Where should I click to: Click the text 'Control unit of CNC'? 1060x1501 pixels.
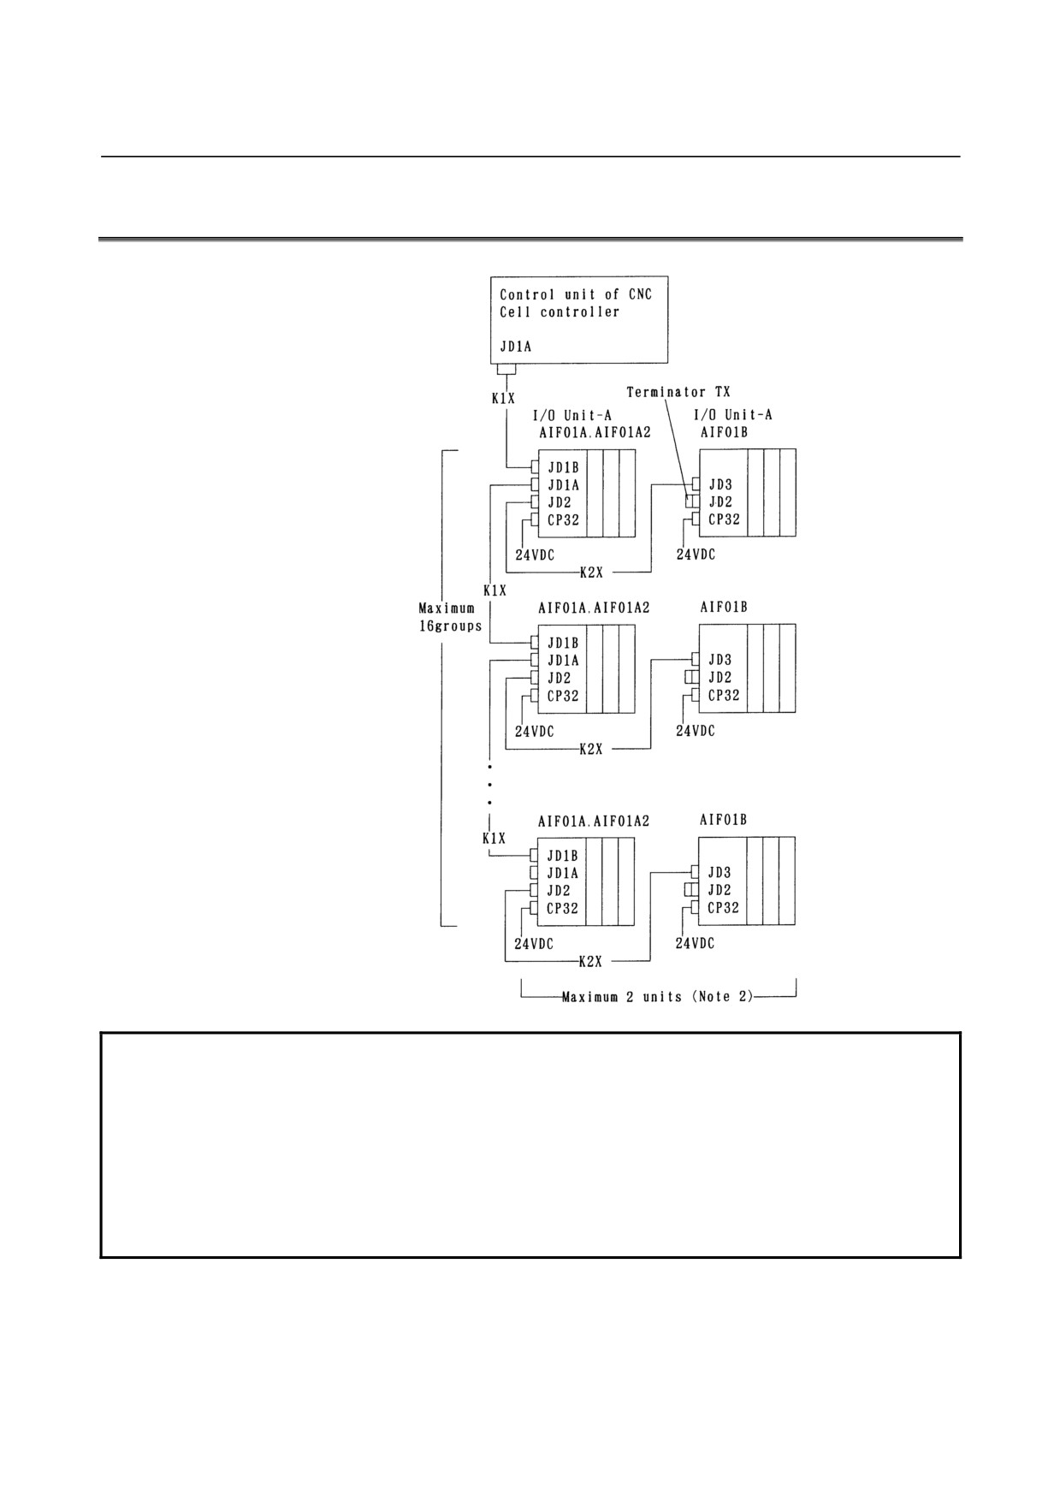(576, 294)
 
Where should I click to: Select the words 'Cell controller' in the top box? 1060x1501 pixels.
(560, 311)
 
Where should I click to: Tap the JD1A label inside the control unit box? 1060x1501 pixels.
(516, 348)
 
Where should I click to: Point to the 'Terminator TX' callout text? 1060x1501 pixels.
(678, 392)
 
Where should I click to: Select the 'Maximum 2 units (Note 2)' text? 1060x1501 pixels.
(657, 997)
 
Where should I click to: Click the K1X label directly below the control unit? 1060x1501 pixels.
(502, 398)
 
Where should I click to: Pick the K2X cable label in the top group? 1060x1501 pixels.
(591, 572)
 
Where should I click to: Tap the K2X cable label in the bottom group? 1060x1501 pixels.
(590, 962)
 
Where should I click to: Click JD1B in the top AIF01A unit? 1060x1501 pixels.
(563, 467)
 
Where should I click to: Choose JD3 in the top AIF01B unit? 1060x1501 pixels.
(720, 484)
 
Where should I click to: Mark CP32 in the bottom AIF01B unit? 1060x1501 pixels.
(723, 907)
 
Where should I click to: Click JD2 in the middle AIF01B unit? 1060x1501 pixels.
(720, 678)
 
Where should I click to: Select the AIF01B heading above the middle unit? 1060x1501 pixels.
(724, 607)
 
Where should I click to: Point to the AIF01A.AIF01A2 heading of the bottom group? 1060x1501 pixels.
(594, 821)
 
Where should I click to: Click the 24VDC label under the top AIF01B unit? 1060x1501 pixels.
(696, 555)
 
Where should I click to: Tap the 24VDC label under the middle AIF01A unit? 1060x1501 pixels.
(534, 732)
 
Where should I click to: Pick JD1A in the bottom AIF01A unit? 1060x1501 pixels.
(562, 873)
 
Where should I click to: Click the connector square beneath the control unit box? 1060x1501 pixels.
(506, 369)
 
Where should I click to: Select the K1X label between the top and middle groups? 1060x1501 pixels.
(494, 590)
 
